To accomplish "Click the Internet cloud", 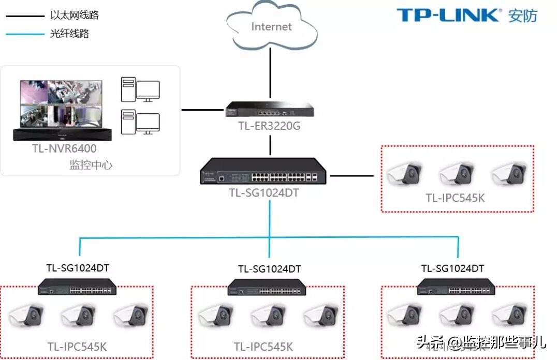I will point(271,26).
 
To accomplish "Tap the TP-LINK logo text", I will point(449,15).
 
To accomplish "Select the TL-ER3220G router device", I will point(270,109).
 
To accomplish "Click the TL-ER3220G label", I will point(270,126).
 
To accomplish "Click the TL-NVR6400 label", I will point(64,149).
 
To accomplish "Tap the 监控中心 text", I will point(91,165).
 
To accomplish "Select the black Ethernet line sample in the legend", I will point(25,16).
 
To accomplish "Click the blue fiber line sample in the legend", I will point(25,34).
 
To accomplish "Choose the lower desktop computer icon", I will point(140,122).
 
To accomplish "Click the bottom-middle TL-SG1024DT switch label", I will point(269,269).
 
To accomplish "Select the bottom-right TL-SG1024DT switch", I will point(456,287).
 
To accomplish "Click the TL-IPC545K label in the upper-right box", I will point(455,198).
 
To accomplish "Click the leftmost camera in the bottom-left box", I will point(26,315).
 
